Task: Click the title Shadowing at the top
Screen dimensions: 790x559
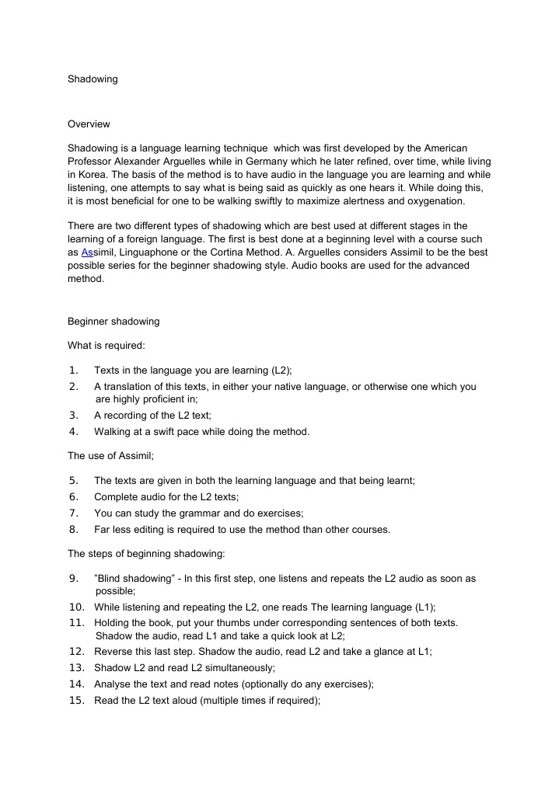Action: point(93,78)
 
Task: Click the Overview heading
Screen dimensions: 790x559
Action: point(89,124)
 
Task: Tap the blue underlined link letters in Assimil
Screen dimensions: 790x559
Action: point(87,252)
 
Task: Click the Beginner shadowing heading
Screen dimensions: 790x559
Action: point(114,322)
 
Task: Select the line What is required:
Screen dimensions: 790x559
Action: point(107,345)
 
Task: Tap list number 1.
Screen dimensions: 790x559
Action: point(74,371)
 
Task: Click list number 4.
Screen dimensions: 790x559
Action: point(74,431)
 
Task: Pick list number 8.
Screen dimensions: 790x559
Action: point(74,530)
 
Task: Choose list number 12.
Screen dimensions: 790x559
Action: point(76,652)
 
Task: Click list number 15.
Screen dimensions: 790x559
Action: point(76,700)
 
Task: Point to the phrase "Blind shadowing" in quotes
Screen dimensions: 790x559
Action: point(135,579)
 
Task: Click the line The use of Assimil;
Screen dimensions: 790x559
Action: point(112,456)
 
